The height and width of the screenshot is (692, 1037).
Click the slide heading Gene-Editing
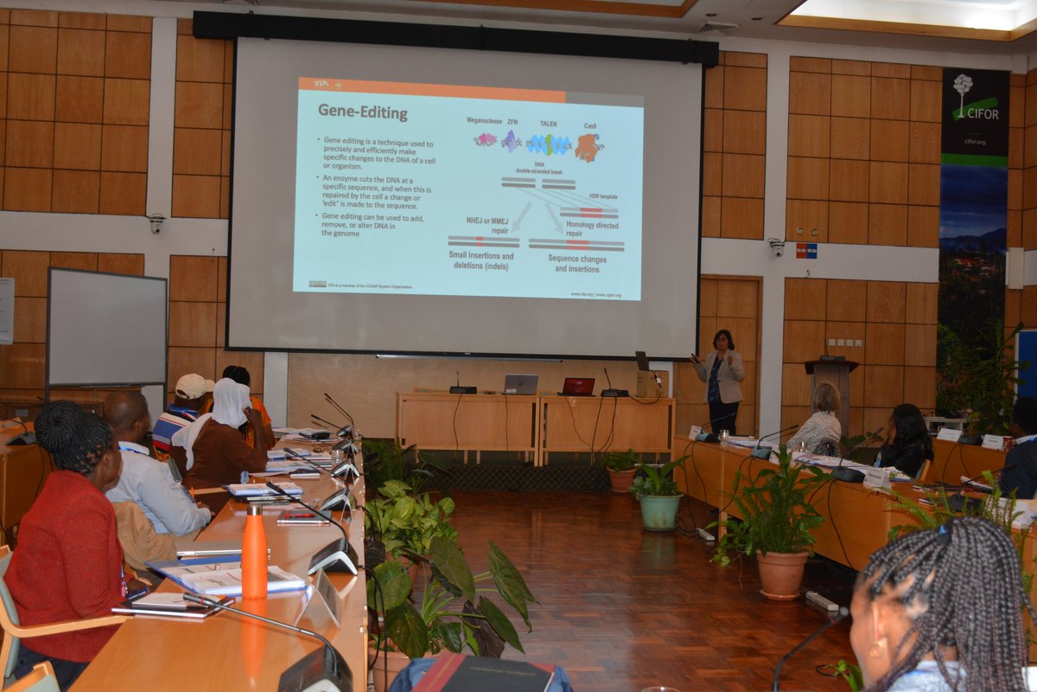[x=362, y=112]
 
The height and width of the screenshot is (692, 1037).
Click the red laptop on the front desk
[x=577, y=386]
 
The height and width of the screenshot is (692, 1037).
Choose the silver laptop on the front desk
[x=520, y=384]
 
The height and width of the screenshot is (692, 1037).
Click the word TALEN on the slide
[x=549, y=124]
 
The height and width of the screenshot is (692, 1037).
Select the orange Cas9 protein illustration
[x=588, y=147]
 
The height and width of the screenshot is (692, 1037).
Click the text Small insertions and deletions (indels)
[x=481, y=260]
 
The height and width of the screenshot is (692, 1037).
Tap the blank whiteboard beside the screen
[x=106, y=327]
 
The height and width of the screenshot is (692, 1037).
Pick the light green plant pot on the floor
[x=660, y=511]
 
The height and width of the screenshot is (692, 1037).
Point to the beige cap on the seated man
[x=192, y=386]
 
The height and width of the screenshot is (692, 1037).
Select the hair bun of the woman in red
[x=59, y=423]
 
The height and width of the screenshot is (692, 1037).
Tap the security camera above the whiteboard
[x=156, y=222]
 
